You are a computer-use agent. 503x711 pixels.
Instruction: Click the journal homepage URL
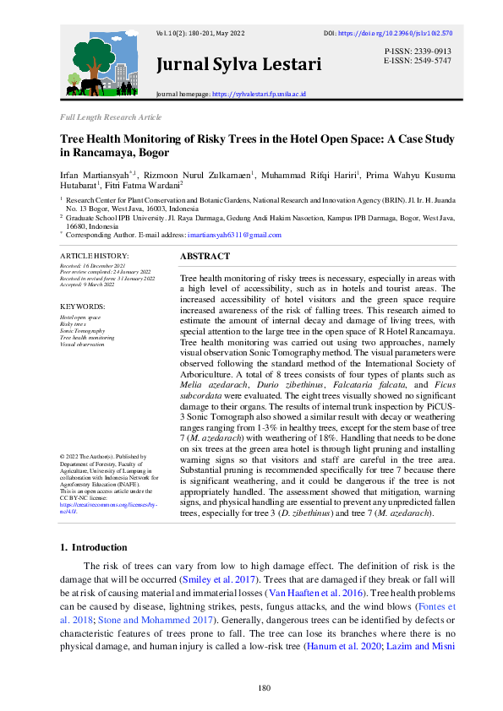[x=259, y=95]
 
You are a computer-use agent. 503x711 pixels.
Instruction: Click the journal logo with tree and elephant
[x=106, y=65]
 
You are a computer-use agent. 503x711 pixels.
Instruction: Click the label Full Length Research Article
[x=110, y=117]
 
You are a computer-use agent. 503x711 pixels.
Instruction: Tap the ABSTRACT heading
[x=205, y=256]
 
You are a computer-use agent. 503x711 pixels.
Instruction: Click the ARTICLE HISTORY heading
[x=94, y=255]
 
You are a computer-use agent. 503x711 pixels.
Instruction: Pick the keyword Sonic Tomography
[x=83, y=332]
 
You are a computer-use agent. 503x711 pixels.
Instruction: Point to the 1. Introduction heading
[x=93, y=547]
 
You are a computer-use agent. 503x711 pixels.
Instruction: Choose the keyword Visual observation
[x=82, y=345]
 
